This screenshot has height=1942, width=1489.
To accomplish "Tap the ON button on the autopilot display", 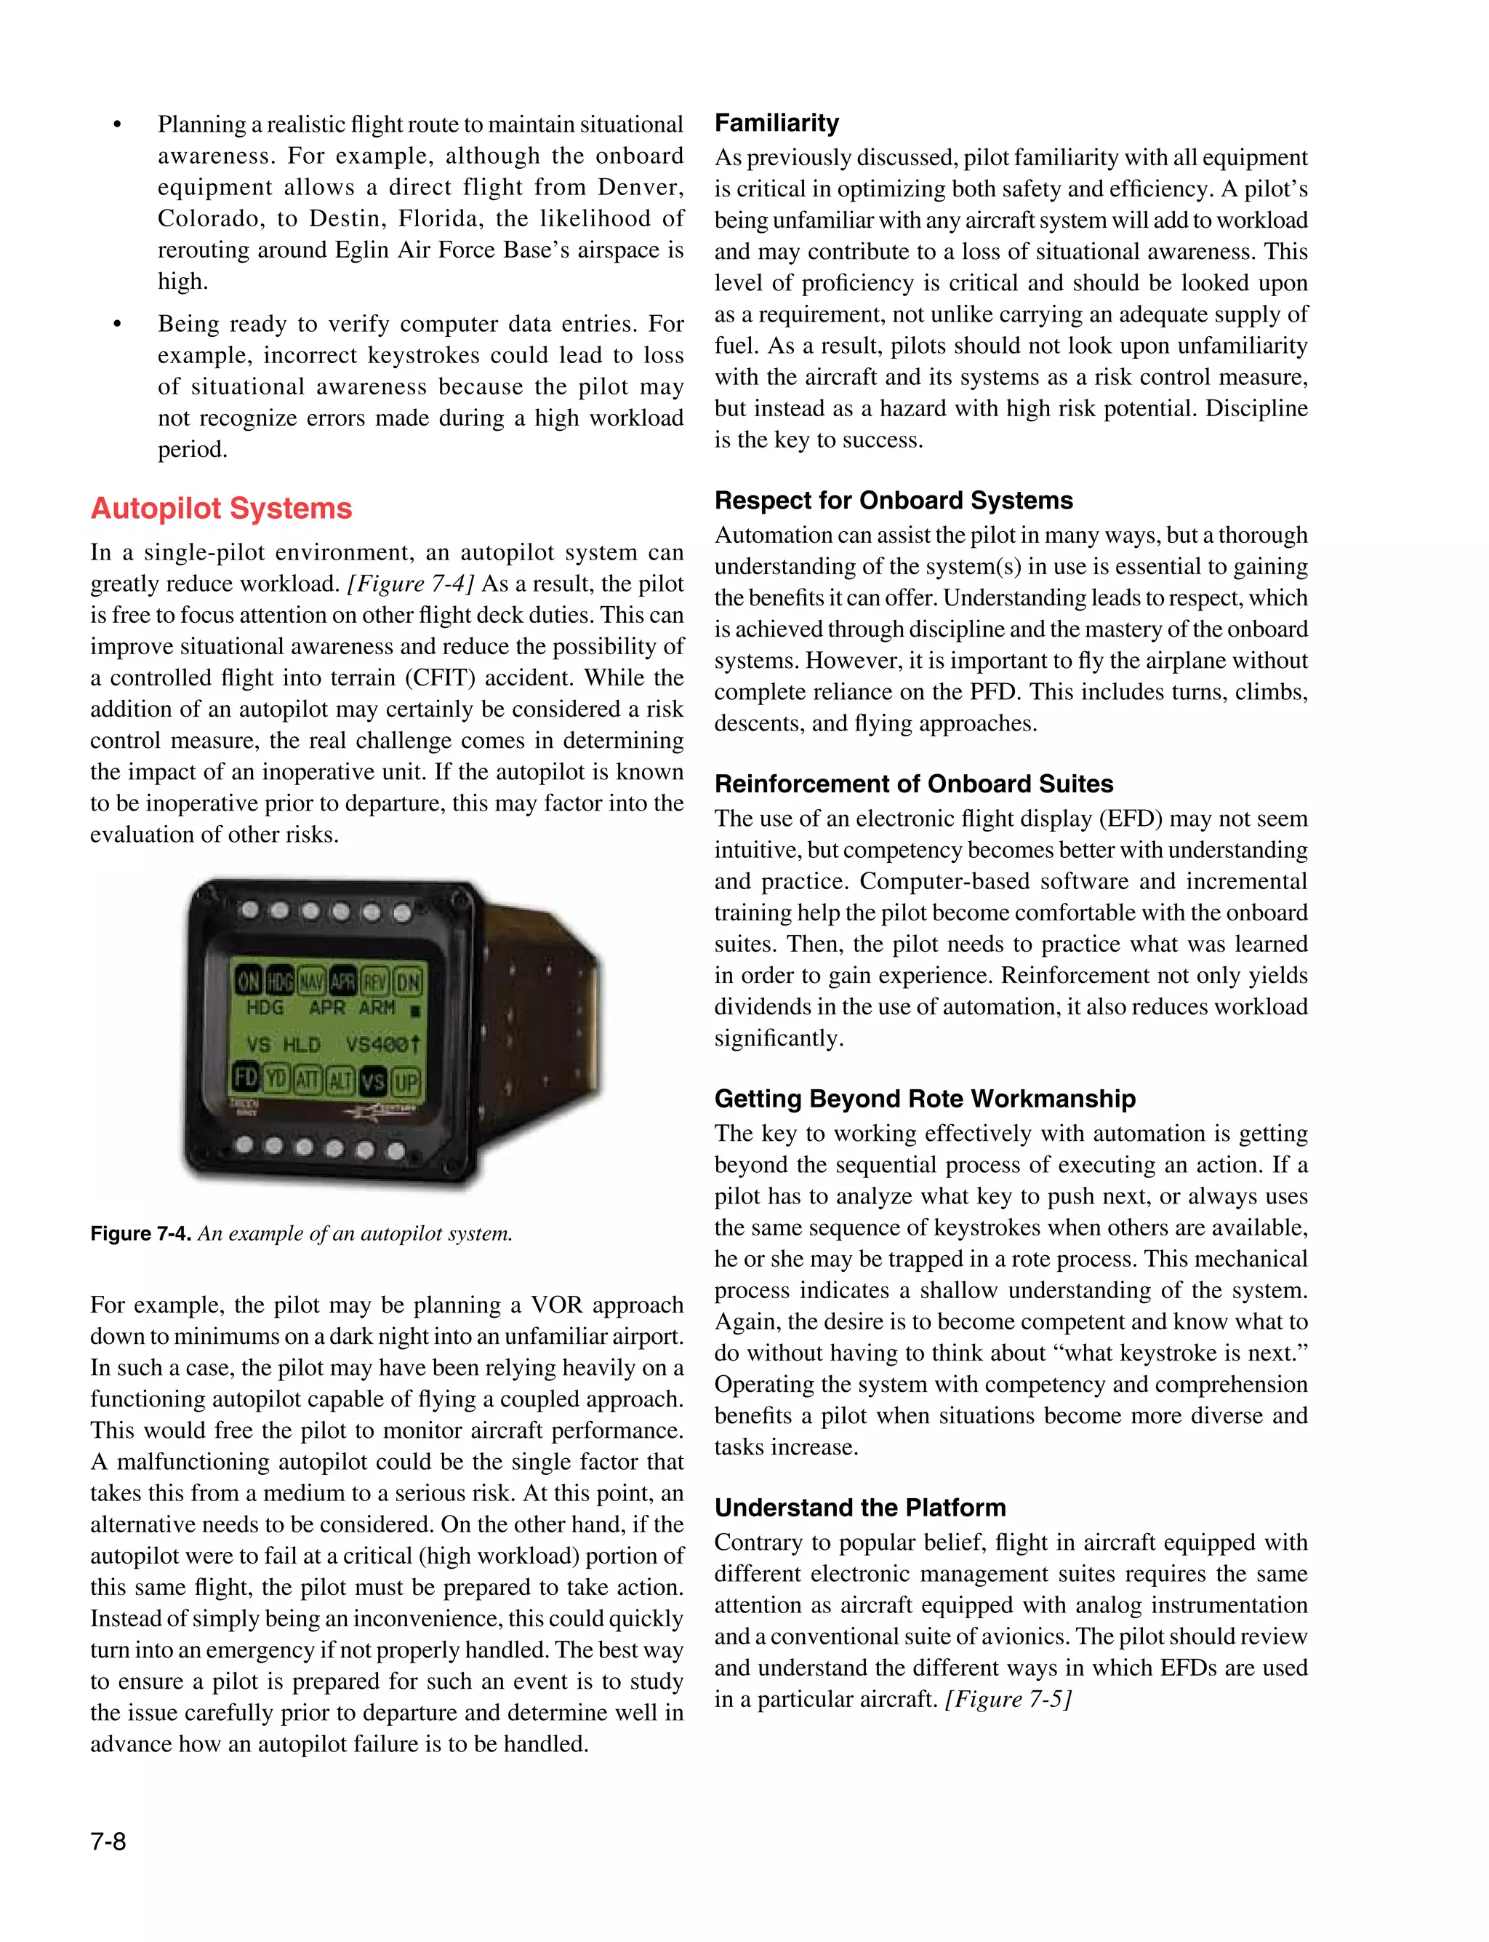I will point(248,981).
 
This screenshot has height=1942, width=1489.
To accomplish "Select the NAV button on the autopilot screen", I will point(311,981).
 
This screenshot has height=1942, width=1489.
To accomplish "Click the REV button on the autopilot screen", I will point(375,980).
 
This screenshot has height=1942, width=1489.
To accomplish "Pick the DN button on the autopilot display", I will point(408,981).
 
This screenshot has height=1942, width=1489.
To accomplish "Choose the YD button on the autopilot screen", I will point(276,1078).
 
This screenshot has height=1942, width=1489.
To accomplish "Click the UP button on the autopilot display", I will point(406,1081).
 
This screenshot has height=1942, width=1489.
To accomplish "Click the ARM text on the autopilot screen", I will point(377,1007).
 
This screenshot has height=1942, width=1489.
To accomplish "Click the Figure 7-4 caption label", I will point(140,1233).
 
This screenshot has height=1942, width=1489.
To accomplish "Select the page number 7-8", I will point(108,1842).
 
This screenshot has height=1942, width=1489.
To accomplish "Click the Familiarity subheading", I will point(776,122).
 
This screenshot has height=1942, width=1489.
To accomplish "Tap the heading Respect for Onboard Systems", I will point(894,500).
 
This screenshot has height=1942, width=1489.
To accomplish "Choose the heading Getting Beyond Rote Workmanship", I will point(924,1099).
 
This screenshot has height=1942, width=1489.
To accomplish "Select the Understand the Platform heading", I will point(859,1508).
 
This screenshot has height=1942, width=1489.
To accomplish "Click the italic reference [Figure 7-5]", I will point(1008,1699).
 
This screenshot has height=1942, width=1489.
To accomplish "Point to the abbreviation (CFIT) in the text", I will point(441,677).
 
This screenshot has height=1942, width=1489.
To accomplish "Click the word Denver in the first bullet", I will point(640,187).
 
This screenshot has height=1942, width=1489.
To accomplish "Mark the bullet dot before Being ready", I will point(117,324).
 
